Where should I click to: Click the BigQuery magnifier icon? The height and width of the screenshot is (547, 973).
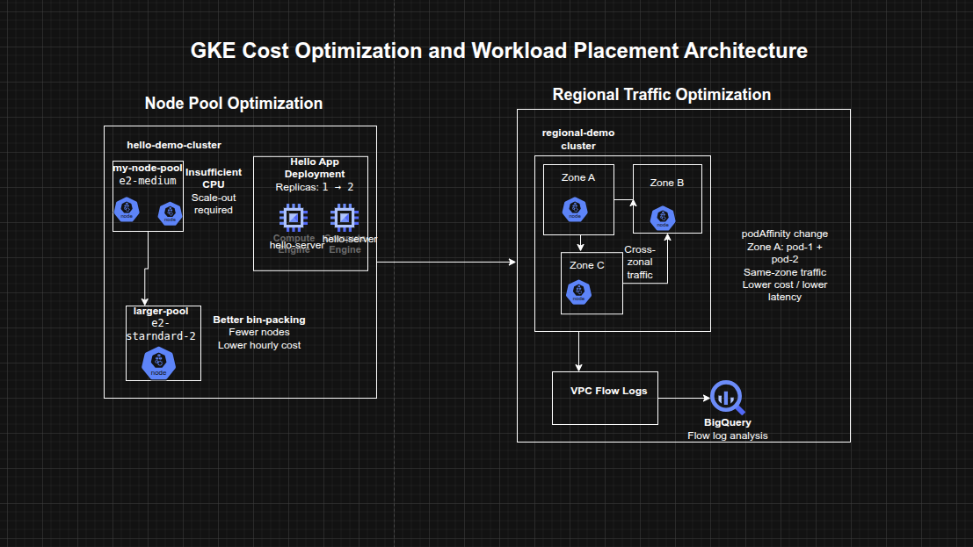click(727, 398)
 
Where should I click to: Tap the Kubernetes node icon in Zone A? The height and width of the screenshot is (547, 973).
click(576, 209)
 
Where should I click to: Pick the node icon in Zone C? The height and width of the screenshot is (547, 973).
click(578, 291)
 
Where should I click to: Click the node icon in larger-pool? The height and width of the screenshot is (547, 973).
click(159, 362)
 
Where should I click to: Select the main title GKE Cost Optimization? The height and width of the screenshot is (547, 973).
click(498, 51)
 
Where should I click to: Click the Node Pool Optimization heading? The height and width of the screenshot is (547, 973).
click(234, 104)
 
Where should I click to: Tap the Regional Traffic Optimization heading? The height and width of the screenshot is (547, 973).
click(661, 95)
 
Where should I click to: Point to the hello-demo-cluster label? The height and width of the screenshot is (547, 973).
click(174, 145)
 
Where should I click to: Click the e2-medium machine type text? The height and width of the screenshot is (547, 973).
click(148, 181)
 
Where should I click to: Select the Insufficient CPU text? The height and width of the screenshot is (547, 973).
click(214, 178)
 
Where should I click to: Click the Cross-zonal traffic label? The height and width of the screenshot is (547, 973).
click(639, 262)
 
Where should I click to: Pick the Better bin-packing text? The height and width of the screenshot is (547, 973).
click(259, 320)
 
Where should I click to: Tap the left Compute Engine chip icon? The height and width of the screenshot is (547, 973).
click(292, 217)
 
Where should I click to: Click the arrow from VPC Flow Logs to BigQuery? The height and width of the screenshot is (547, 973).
click(683, 398)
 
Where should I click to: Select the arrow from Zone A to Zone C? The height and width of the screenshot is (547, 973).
click(579, 243)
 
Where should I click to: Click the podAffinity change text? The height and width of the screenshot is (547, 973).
click(784, 234)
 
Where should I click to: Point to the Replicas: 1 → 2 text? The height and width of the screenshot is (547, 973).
click(314, 187)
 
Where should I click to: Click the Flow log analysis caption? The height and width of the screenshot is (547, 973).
click(727, 435)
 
